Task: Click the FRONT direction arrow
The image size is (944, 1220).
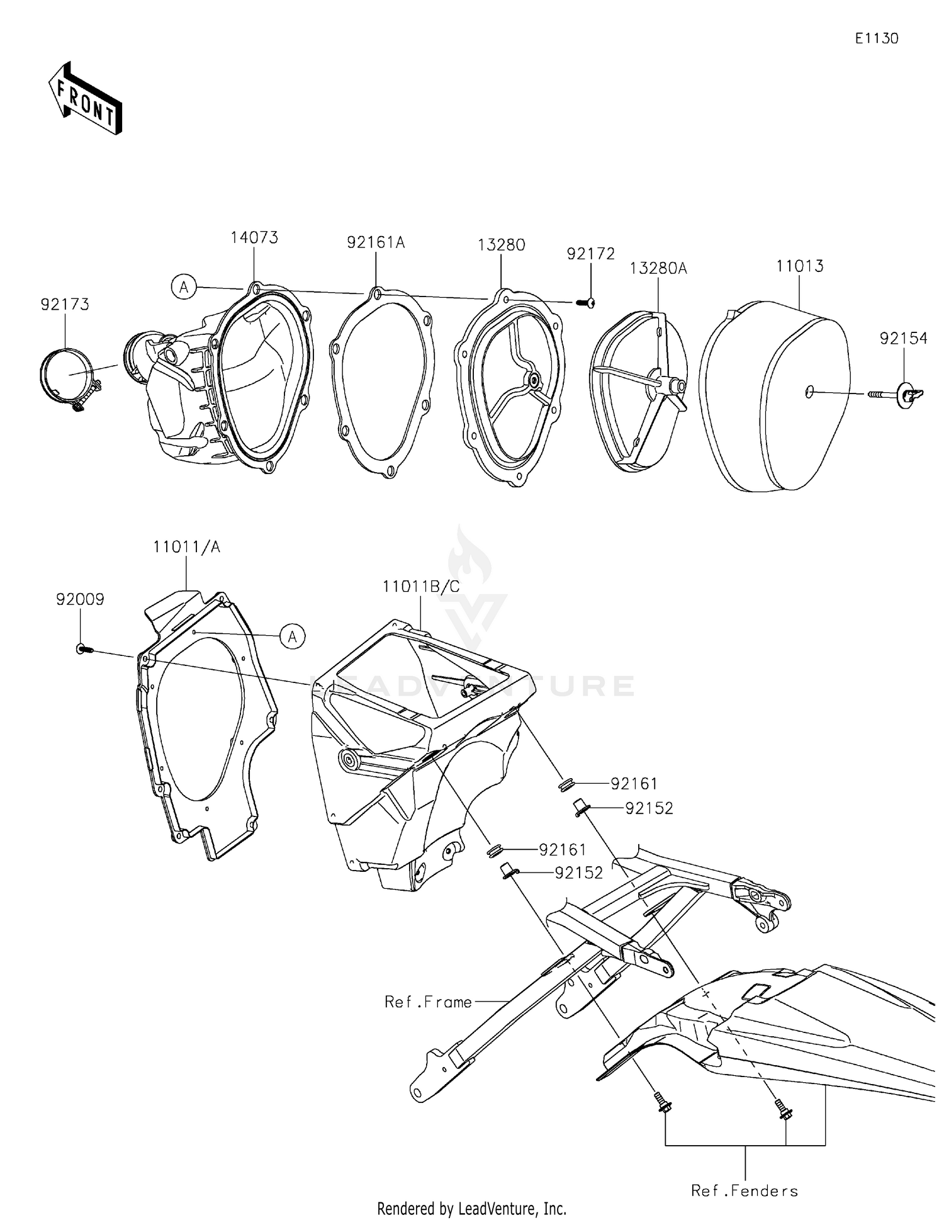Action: click(x=85, y=99)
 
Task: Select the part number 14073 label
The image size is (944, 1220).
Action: click(x=254, y=238)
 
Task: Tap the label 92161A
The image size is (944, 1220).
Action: click(x=375, y=242)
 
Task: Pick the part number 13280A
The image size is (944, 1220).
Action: click(x=658, y=269)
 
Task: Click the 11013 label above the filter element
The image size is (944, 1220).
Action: click(x=799, y=266)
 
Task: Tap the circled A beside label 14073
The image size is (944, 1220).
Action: click(x=183, y=288)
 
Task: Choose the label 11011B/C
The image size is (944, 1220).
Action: click(x=420, y=587)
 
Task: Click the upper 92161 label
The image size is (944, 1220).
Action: click(x=633, y=784)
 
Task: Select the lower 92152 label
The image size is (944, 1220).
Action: click(x=578, y=873)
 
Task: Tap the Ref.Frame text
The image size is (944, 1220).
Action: click(x=428, y=1002)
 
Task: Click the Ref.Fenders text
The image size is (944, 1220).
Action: click(x=745, y=1190)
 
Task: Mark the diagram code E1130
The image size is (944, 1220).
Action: click(x=876, y=38)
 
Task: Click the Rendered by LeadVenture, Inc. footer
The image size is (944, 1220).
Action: click(x=471, y=1208)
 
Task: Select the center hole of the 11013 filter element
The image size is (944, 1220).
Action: click(x=809, y=392)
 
